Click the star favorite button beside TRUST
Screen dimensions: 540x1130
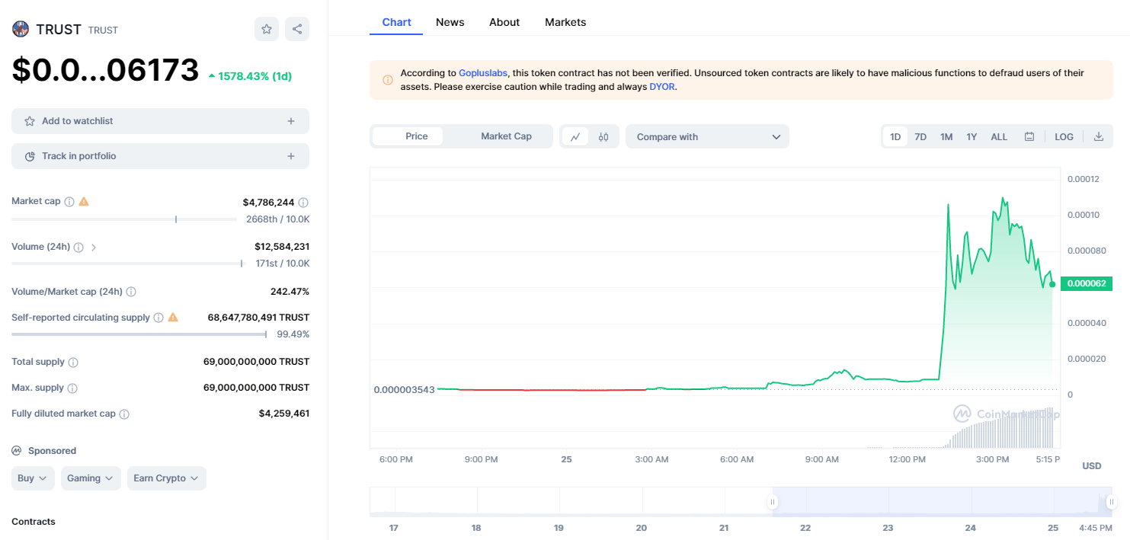click(267, 29)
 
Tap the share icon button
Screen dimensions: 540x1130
click(297, 29)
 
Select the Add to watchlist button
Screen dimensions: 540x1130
click(160, 121)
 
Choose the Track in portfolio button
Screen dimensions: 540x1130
click(160, 156)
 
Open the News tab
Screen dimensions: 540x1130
click(450, 22)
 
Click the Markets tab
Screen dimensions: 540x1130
click(565, 22)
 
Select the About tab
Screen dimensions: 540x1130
click(504, 22)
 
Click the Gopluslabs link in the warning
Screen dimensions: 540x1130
click(483, 73)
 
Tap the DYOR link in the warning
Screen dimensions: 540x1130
click(662, 87)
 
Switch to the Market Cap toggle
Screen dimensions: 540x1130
click(506, 136)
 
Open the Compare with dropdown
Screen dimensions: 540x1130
click(707, 137)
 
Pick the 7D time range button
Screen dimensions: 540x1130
click(920, 137)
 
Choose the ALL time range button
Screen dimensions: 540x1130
click(999, 137)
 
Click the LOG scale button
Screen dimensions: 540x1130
click(1064, 137)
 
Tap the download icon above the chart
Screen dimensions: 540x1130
click(1099, 137)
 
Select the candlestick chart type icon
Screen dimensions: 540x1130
click(603, 137)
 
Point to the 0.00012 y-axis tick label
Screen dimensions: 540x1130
click(1083, 180)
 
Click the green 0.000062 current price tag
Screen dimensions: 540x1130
click(1086, 284)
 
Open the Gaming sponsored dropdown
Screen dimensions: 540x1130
click(91, 478)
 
